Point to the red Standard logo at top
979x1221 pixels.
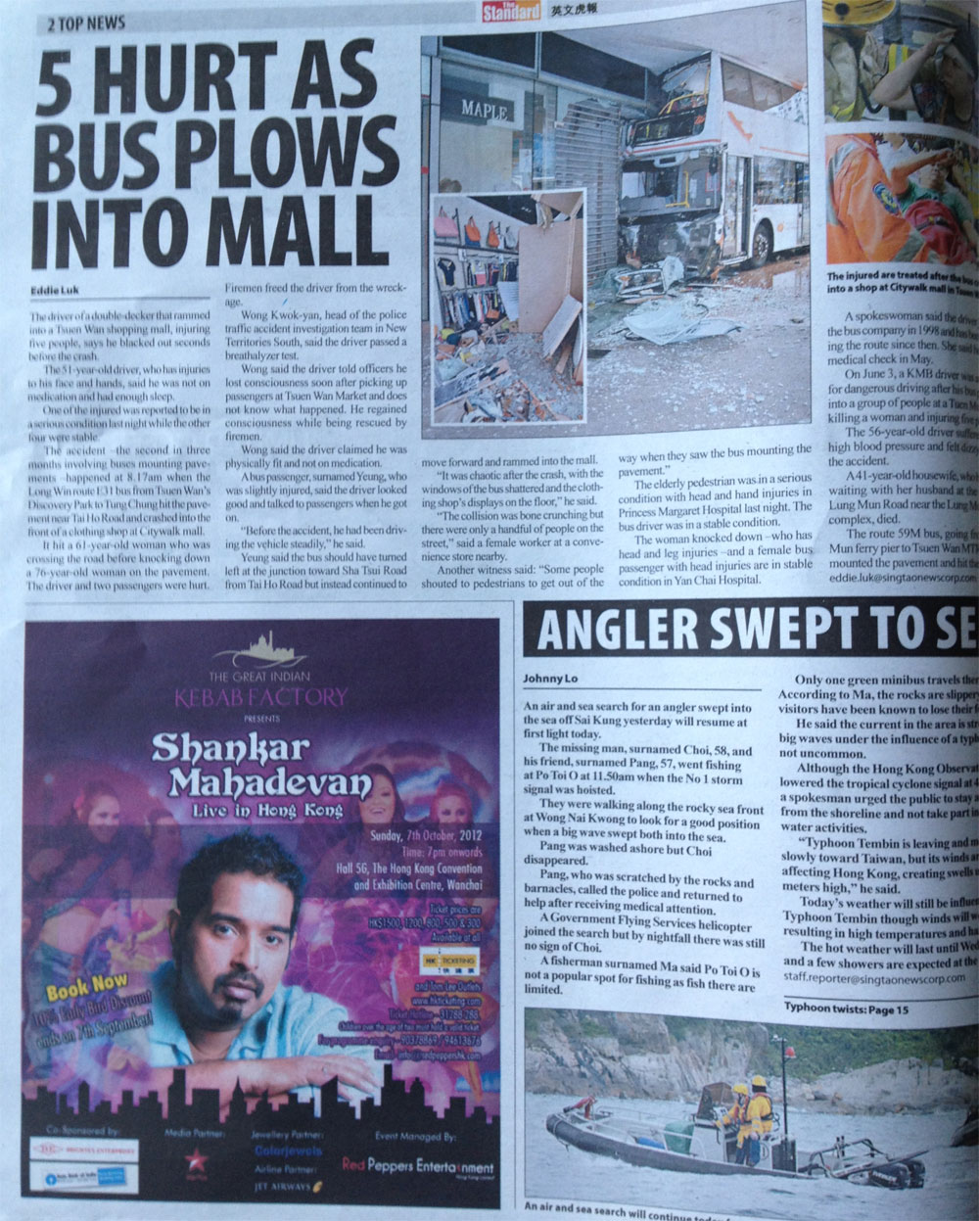coord(510,13)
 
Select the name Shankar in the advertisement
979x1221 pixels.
coord(231,749)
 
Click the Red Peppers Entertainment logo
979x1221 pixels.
coord(418,1168)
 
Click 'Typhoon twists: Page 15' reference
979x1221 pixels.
coord(846,1009)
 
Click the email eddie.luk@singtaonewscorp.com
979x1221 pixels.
coord(902,578)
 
